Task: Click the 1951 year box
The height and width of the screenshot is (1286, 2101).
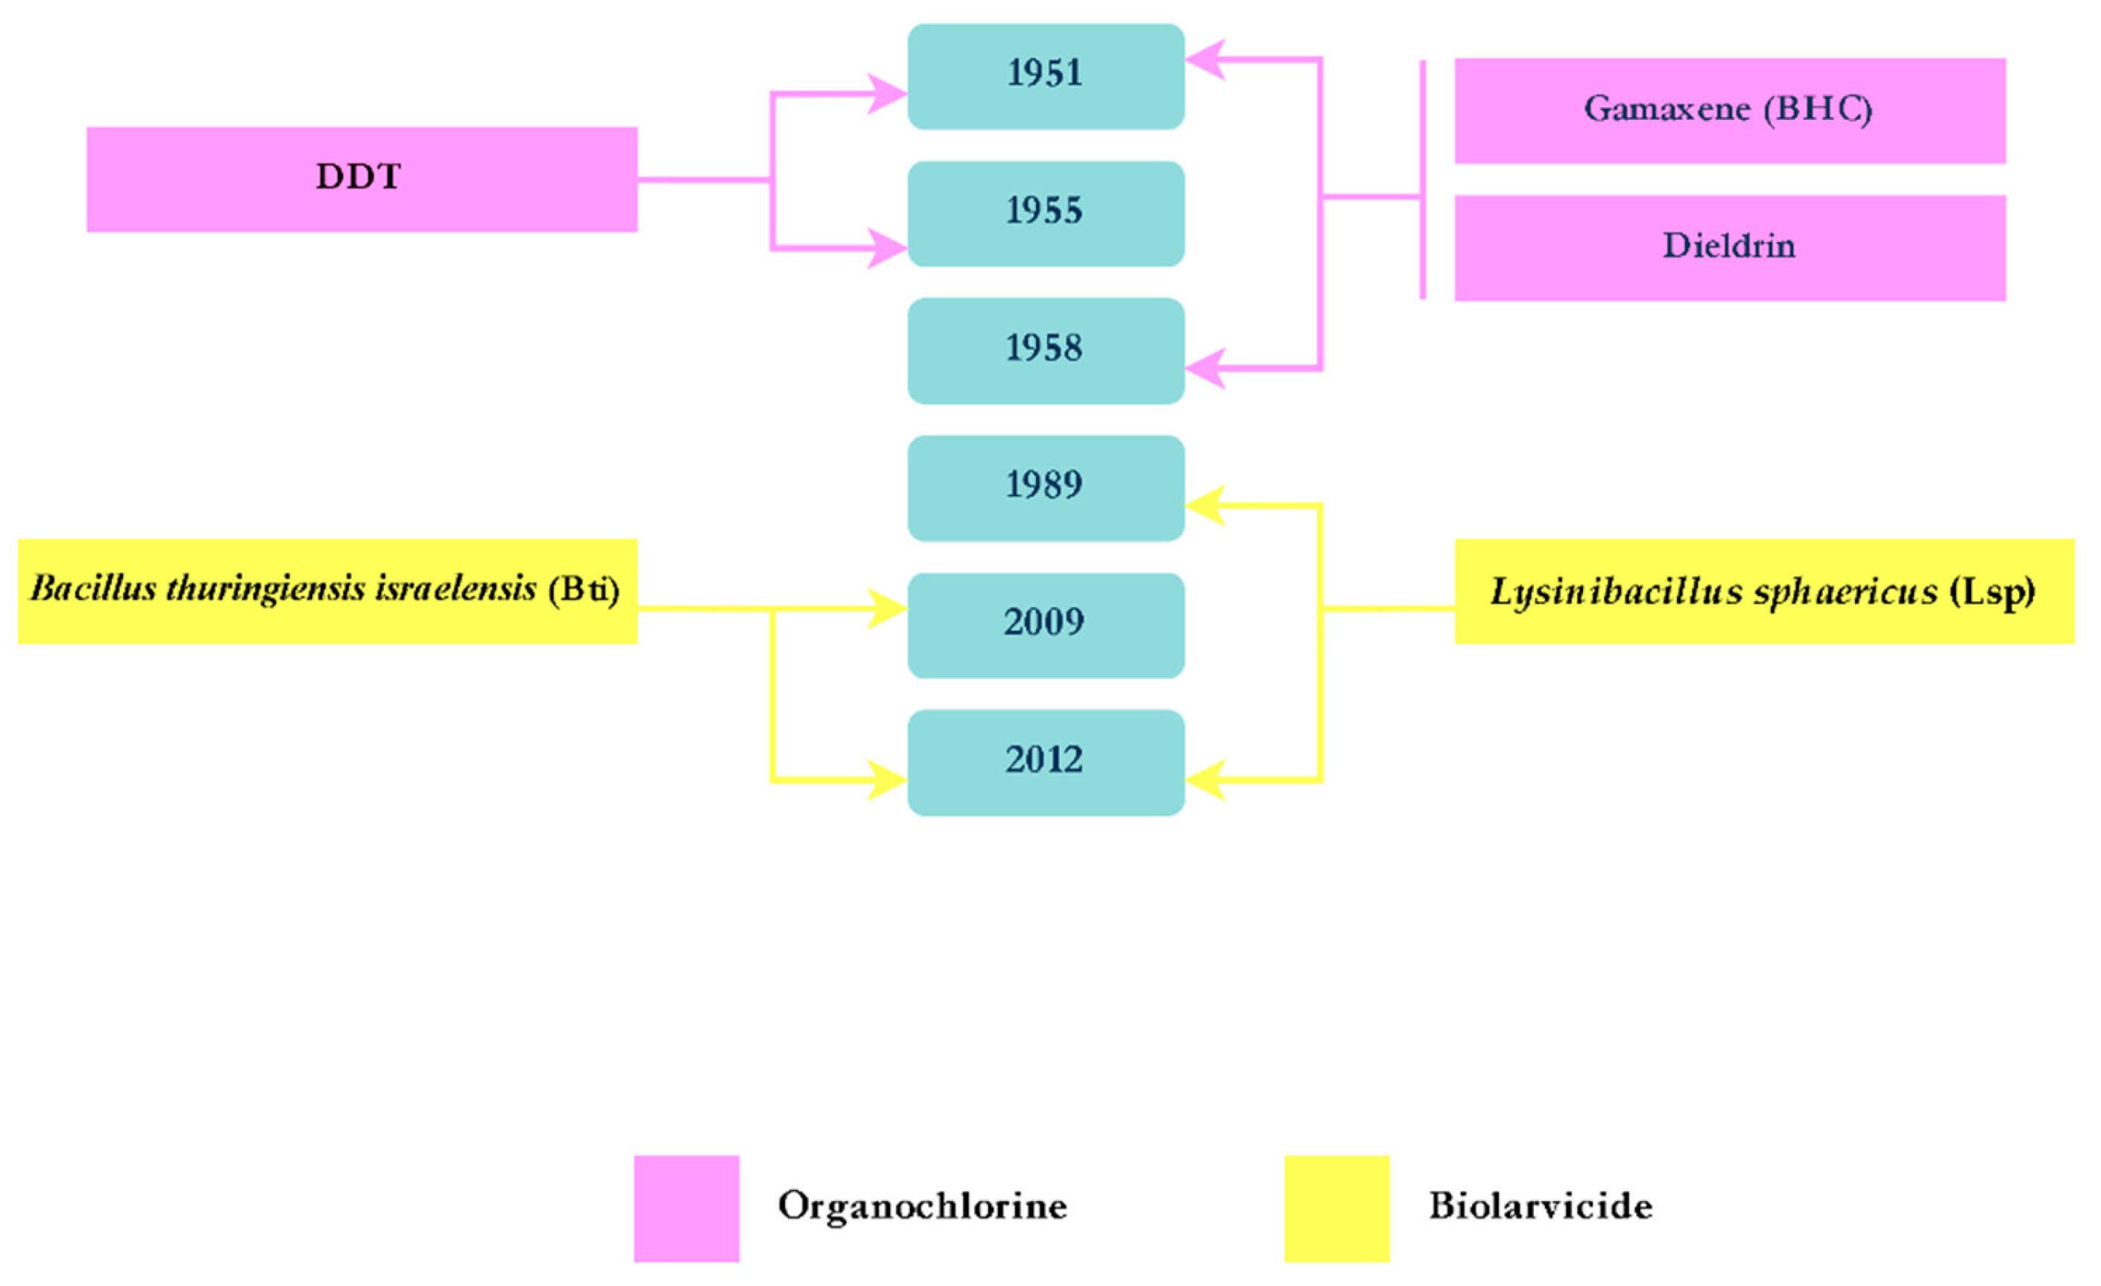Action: tap(1046, 76)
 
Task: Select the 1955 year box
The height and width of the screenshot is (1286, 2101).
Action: tap(1046, 213)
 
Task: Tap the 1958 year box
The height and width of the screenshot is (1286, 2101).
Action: tap(1046, 350)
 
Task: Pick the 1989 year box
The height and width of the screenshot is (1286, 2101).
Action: tap(1046, 487)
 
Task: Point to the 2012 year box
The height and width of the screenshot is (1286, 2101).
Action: tap(1046, 762)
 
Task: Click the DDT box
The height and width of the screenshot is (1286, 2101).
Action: tap(361, 179)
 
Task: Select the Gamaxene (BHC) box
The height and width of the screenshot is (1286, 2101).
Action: tap(1729, 110)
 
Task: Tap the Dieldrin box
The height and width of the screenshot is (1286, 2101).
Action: tap(1729, 248)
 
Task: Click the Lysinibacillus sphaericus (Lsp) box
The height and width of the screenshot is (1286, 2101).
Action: tap(1763, 591)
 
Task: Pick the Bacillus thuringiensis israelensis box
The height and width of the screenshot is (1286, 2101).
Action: tap(327, 591)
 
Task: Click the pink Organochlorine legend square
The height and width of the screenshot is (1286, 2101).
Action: tap(686, 1208)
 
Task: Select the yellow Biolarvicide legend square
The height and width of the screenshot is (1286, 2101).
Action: tap(1336, 1208)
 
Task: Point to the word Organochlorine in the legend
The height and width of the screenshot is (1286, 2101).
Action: tap(922, 1206)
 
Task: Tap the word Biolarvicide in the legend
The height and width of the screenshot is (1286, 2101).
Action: tap(1540, 1206)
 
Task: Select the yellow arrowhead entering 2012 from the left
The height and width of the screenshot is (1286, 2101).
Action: tap(887, 780)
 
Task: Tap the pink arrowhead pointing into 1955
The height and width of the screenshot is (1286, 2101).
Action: tap(887, 249)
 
